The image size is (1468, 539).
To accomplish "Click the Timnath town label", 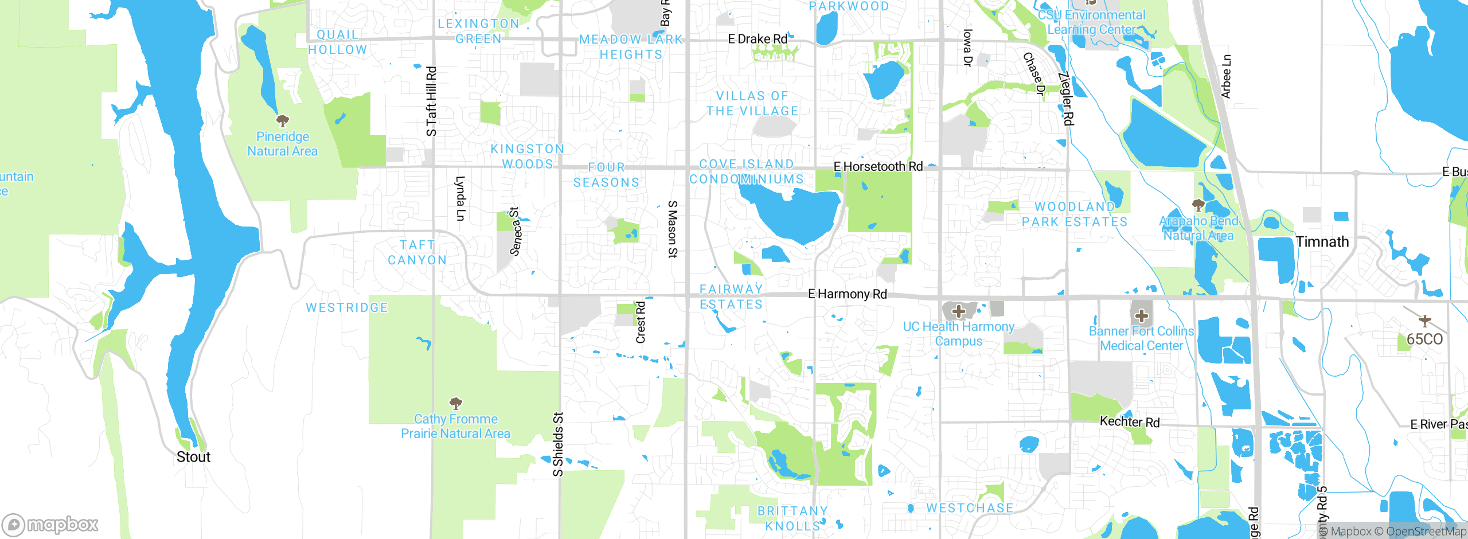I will click(x=1322, y=242).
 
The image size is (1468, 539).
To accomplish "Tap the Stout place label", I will click(x=193, y=457).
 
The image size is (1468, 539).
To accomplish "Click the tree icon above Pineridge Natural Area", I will click(x=283, y=121).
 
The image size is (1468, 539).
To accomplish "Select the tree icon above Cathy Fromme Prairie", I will click(x=456, y=403).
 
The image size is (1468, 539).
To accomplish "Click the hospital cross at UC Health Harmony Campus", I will click(x=959, y=311).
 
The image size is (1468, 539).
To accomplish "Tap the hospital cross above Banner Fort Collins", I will click(x=1142, y=315).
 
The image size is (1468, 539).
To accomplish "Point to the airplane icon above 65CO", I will click(x=1424, y=321).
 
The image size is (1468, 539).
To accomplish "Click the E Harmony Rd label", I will click(x=847, y=294).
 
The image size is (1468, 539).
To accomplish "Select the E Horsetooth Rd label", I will click(x=878, y=166).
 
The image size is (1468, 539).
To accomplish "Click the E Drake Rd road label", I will click(x=758, y=39).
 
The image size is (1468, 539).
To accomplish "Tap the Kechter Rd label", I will click(x=1129, y=422).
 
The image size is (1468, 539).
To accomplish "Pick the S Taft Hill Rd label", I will click(x=431, y=101).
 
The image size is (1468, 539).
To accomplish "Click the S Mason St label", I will click(x=673, y=229).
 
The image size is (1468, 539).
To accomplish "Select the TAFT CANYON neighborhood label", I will click(x=417, y=253).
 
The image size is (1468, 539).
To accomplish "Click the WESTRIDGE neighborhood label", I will click(x=347, y=308).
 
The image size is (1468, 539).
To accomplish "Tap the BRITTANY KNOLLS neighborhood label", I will click(x=792, y=518).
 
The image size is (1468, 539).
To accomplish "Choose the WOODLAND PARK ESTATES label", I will click(x=1075, y=214).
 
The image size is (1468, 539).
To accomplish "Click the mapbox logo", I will click(x=50, y=525).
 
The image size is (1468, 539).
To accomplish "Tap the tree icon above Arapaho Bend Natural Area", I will click(x=1198, y=205).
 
